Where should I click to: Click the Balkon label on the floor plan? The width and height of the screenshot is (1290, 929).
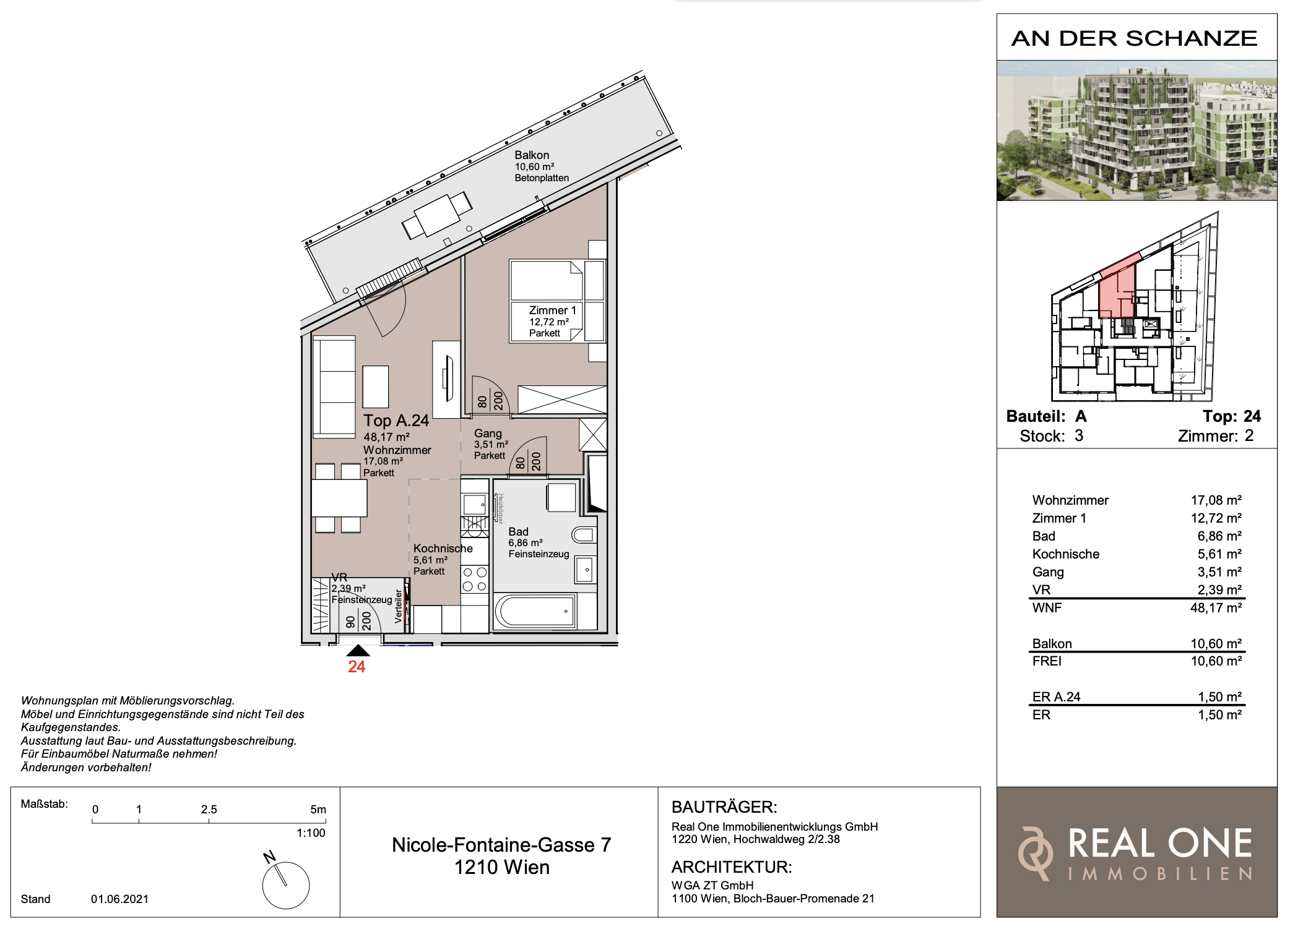[532, 155]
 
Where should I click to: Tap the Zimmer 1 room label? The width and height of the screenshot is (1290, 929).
[552, 310]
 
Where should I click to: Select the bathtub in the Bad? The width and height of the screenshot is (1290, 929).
[535, 612]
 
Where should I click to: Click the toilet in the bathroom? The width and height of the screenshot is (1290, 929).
[584, 535]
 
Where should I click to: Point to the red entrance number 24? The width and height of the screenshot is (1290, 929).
[357, 667]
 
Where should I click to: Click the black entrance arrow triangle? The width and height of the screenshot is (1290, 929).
[358, 650]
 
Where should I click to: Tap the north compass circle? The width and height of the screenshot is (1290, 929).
[286, 885]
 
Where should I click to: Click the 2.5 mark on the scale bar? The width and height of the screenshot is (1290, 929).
[209, 810]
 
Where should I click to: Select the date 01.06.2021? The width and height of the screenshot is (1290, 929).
[119, 899]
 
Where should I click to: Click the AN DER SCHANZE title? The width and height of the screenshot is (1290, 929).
[1134, 38]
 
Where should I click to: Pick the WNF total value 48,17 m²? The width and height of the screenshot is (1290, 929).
[1216, 608]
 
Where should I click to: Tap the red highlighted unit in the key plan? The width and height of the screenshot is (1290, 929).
[1117, 288]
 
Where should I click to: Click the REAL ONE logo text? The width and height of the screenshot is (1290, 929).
[1160, 844]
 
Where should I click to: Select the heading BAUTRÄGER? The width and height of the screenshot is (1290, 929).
[724, 807]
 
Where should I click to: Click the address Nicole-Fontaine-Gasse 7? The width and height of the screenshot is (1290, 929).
[501, 845]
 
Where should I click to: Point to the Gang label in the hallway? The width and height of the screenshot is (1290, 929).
[488, 434]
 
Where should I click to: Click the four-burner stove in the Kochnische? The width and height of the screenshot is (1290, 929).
[475, 580]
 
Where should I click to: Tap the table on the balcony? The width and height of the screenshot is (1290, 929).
[437, 215]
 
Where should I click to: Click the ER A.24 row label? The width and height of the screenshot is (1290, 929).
[1056, 697]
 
